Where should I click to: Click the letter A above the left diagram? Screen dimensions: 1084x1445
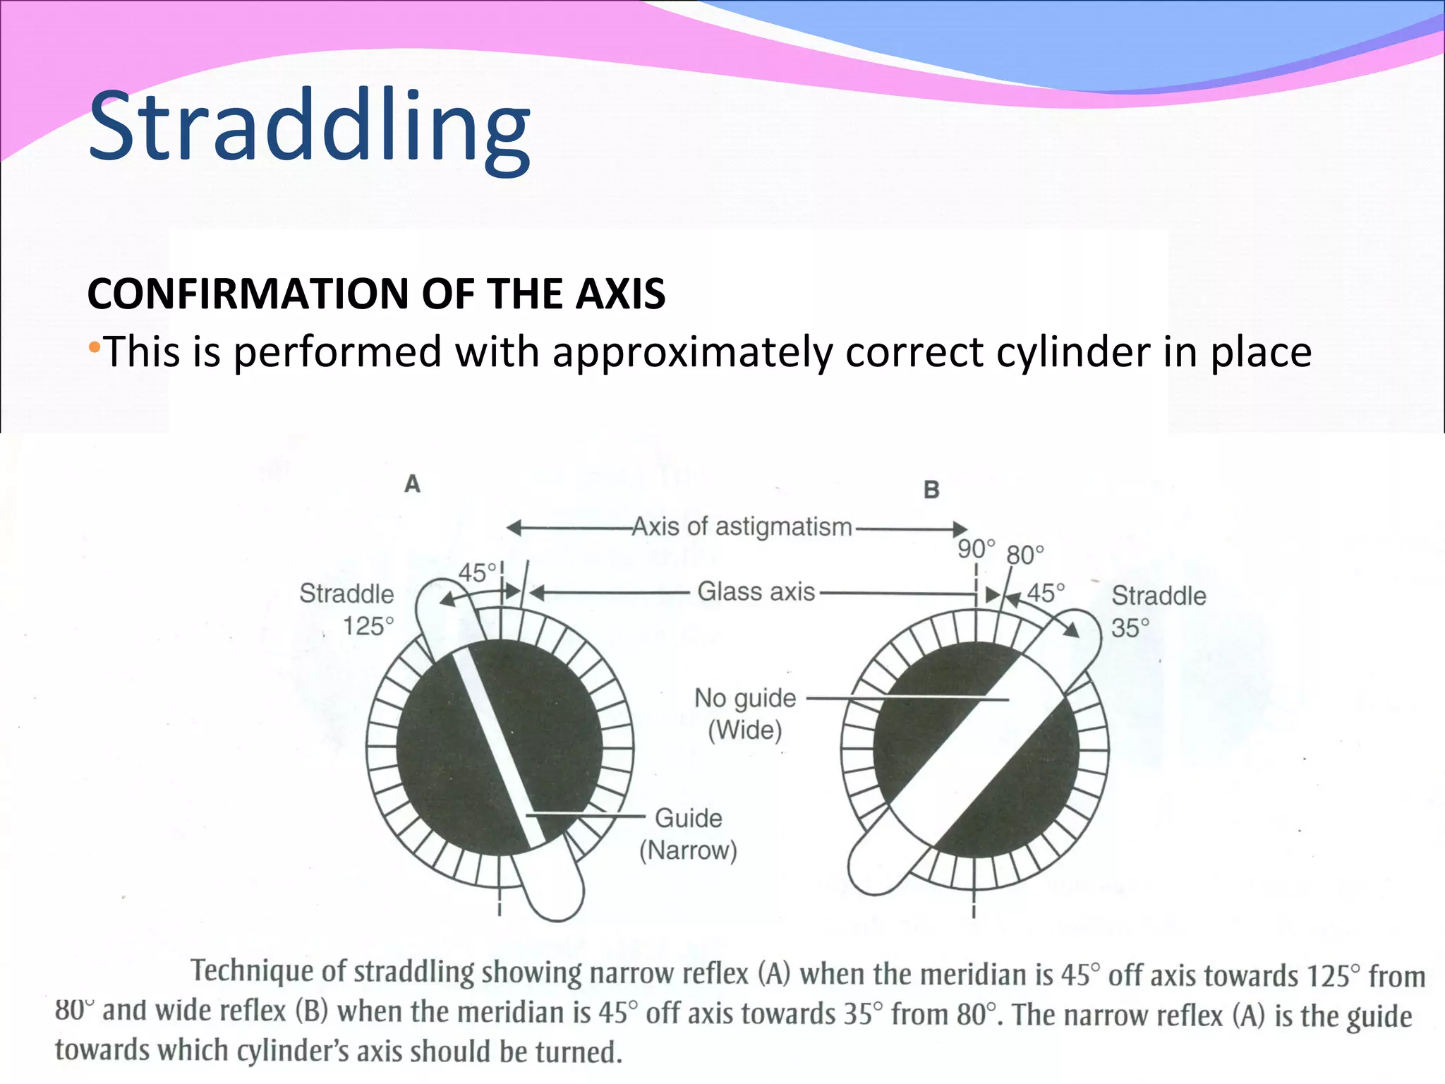point(413,484)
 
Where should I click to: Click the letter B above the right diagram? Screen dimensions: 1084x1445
point(931,490)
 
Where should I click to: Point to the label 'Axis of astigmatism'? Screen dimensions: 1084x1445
point(742,527)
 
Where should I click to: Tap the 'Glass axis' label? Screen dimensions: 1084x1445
point(756,591)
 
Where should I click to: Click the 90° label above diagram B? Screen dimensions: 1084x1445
point(976,548)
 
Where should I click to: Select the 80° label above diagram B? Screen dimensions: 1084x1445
point(1024,555)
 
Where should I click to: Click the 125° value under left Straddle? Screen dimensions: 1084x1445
point(368,626)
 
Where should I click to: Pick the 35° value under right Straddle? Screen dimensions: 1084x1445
point(1130,627)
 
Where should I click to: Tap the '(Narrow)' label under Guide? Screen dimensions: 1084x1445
point(688,850)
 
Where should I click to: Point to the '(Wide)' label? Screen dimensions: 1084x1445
point(745,730)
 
